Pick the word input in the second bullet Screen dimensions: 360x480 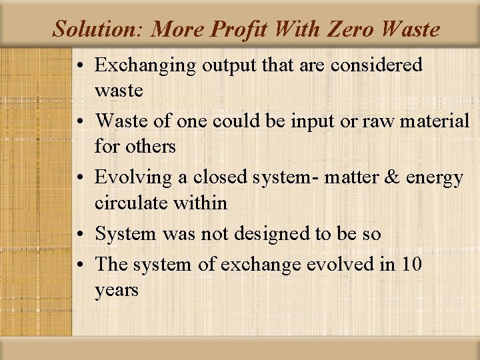tap(301, 121)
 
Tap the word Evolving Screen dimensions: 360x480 tap(134, 178)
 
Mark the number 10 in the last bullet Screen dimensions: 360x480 tap(411, 264)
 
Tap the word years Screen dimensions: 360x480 tap(117, 290)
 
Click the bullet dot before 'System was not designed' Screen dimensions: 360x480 tap(81, 235)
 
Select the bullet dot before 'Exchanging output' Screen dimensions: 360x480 tap(81, 66)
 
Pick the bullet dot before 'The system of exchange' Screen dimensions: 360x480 tap(81, 265)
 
